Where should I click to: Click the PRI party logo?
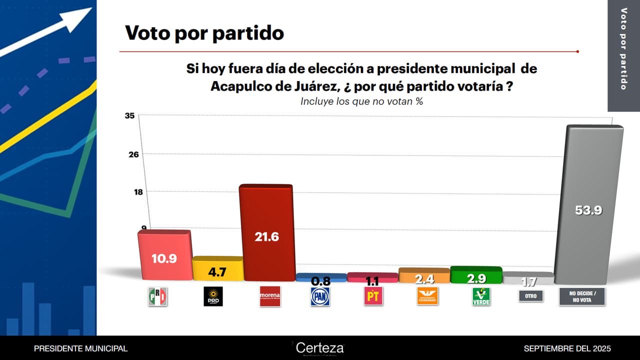tap(157, 296)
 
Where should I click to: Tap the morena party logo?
tap(269, 296)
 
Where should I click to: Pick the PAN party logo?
tap(320, 296)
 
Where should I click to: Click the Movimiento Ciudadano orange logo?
tap(427, 296)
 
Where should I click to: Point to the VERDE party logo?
tap(481, 296)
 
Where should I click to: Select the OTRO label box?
tap(530, 296)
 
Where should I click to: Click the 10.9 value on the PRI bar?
tap(164, 259)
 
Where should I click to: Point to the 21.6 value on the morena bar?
tap(266, 237)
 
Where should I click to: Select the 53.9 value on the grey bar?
tap(588, 210)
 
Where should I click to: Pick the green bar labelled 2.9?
tap(476, 275)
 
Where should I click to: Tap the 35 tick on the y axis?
tap(129, 116)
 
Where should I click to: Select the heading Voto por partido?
tap(204, 33)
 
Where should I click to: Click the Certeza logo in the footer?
tap(319, 347)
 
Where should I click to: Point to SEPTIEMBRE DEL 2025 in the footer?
tap(567, 348)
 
